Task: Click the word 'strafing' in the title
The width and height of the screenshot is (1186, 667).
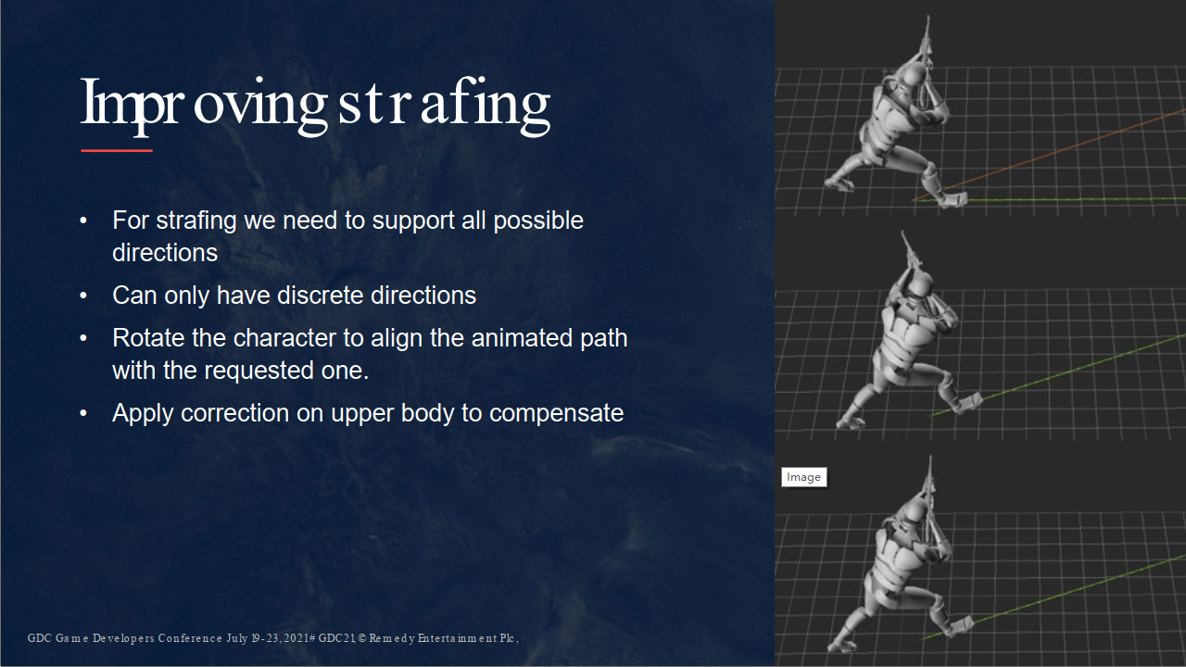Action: [444, 106]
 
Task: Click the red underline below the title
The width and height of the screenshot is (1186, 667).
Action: [117, 151]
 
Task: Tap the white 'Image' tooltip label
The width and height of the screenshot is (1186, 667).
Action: [803, 477]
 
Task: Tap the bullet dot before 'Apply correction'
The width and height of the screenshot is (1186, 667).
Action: [83, 413]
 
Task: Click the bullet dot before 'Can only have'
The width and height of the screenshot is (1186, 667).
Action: [83, 296]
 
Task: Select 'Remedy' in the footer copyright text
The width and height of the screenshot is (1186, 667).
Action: [392, 638]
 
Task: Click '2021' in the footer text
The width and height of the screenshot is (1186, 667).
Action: [296, 638]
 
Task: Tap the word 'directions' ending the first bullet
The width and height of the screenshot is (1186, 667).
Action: [165, 253]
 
